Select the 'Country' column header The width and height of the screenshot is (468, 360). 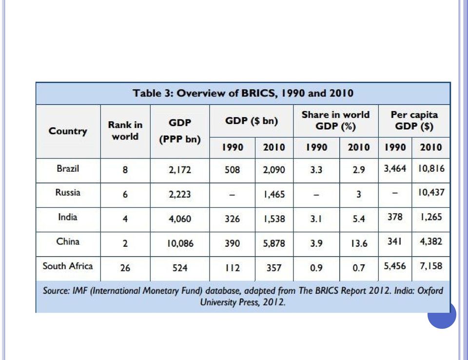(x=68, y=131)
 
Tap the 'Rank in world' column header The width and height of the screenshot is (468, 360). (x=125, y=131)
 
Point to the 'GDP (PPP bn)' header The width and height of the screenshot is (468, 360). (x=180, y=131)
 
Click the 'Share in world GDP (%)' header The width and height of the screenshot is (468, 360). (x=335, y=120)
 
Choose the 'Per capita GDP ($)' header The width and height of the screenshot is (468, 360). (x=414, y=120)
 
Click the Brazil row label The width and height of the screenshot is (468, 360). (x=68, y=168)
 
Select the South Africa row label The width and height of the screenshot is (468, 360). (x=68, y=266)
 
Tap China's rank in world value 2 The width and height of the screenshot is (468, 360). (x=125, y=243)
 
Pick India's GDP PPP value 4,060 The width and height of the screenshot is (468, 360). (x=180, y=219)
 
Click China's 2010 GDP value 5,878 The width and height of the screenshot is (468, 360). (x=274, y=243)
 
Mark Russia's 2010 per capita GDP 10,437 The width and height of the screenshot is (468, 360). (x=431, y=192)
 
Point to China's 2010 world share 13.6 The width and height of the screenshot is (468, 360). (x=359, y=243)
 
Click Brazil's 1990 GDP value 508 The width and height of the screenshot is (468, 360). (x=232, y=170)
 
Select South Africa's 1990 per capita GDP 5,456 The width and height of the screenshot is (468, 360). (x=395, y=266)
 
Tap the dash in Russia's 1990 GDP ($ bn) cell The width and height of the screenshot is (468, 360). (x=232, y=195)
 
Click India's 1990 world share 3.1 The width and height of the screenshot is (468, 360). (x=316, y=219)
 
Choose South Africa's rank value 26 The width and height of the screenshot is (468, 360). (x=125, y=268)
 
